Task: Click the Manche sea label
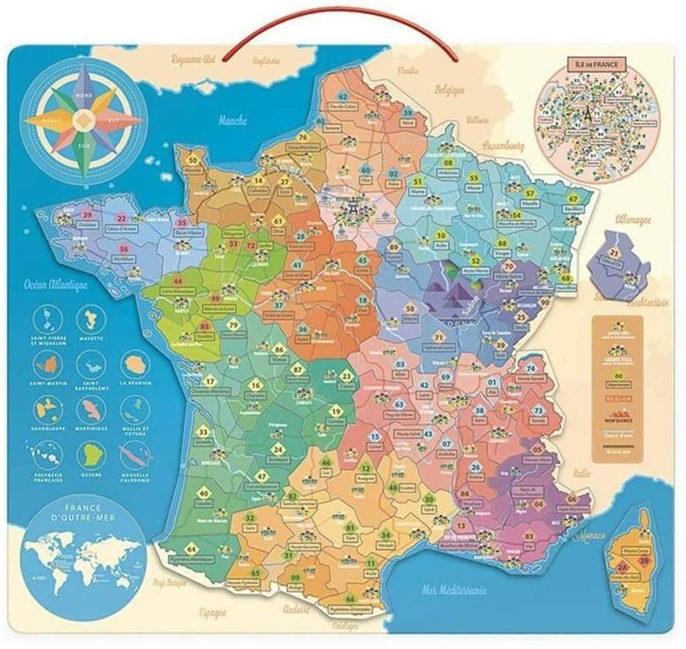coord(233,120)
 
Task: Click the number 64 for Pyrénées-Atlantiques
coord(191,548)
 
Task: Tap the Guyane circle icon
coord(89,454)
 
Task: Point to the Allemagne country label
coord(632,220)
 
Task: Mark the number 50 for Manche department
coord(194,159)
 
